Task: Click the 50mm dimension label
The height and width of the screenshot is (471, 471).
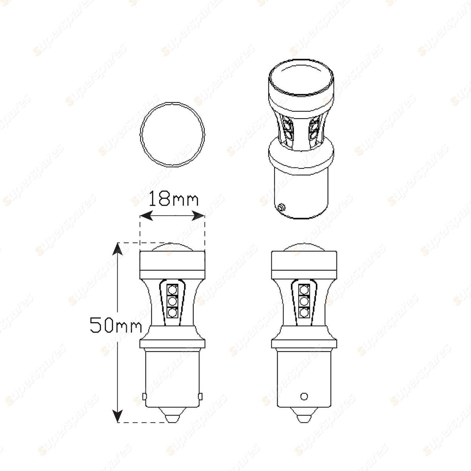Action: pyautogui.click(x=116, y=325)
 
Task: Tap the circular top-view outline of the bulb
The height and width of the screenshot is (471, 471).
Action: pyautogui.click(x=141, y=135)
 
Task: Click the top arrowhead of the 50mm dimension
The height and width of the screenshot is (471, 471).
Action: pyautogui.click(x=117, y=249)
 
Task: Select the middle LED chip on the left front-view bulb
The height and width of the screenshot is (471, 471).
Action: pyautogui.click(x=173, y=301)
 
